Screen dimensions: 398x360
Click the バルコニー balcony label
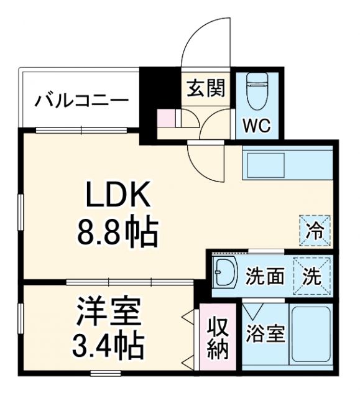point(81,99)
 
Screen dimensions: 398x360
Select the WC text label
point(256,126)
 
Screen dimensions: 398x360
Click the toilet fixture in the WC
point(256,92)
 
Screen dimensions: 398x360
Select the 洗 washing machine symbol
point(313,274)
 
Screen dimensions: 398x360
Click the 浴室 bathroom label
point(265,334)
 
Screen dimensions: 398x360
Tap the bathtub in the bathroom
point(310,335)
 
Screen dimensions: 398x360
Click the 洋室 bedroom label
point(109,312)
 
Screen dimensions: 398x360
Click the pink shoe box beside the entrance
point(166,118)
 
